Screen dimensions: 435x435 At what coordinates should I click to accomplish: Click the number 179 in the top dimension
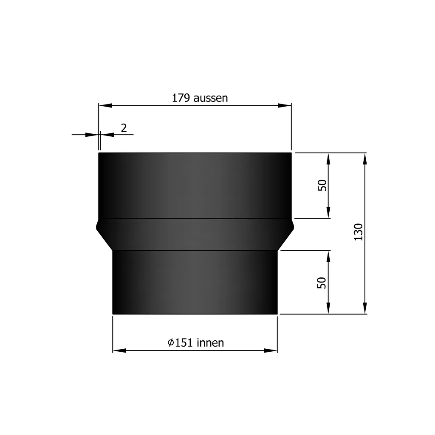point(181,98)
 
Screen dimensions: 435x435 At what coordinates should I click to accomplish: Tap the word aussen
point(210,98)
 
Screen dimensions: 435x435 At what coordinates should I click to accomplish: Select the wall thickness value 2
point(124,128)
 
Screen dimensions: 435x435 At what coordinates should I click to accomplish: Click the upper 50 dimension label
point(322,185)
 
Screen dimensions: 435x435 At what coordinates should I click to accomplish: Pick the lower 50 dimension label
point(322,282)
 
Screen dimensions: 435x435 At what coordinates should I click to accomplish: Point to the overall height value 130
point(359,232)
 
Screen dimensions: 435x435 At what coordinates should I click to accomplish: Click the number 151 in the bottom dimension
point(184,343)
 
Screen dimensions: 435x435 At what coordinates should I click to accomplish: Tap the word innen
point(210,343)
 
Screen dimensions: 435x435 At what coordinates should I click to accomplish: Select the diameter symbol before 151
point(170,343)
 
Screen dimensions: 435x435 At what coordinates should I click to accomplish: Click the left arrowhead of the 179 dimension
point(105,105)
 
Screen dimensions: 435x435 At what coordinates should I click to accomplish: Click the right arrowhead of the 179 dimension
point(285,105)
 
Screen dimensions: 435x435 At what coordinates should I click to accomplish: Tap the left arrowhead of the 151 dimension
point(119,350)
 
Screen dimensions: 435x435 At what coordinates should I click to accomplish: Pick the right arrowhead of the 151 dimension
point(271,350)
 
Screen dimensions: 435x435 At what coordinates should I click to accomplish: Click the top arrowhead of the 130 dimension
point(365,159)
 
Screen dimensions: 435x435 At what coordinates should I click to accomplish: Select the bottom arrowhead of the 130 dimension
point(365,308)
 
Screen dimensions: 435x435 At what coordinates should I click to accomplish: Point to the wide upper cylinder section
point(195,185)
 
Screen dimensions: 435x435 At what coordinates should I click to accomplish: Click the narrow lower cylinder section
point(195,282)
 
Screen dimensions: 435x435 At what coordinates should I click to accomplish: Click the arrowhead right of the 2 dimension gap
point(107,135)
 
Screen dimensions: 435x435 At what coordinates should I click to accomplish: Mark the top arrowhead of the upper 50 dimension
point(328,159)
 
